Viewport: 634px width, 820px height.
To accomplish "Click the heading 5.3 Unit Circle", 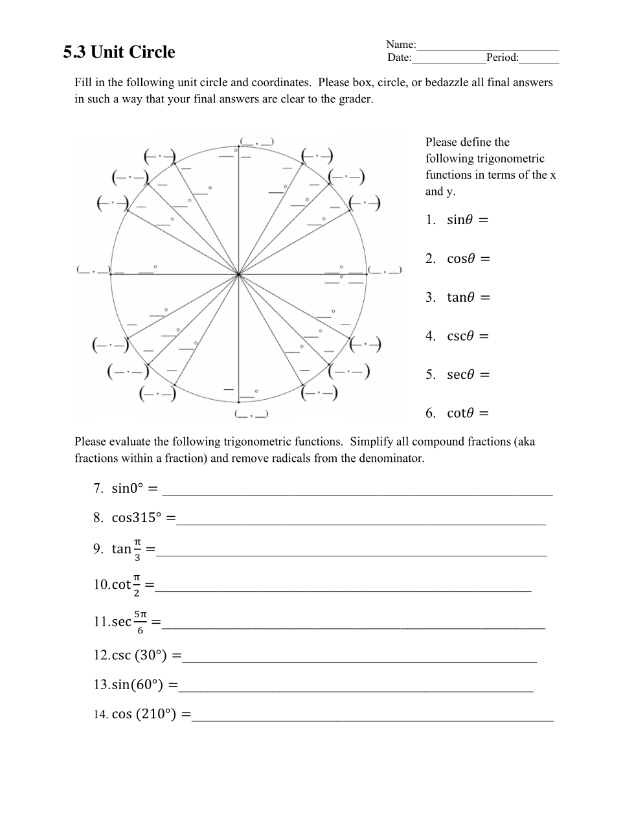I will [119, 52].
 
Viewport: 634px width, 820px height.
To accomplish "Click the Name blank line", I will [488, 45].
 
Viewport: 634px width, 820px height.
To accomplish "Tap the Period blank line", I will [539, 58].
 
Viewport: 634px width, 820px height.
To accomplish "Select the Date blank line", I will [449, 58].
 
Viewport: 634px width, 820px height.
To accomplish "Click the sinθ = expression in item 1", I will [467, 220].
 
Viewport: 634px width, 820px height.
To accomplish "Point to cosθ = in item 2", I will [468, 259].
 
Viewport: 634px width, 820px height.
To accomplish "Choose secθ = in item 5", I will [468, 375].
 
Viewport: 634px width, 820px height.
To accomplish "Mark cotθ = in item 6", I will [468, 413].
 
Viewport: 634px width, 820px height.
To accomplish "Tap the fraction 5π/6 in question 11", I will [141, 621].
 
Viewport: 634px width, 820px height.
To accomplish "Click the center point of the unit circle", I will [239, 275].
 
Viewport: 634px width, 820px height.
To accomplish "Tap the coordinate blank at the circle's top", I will [256, 141].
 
